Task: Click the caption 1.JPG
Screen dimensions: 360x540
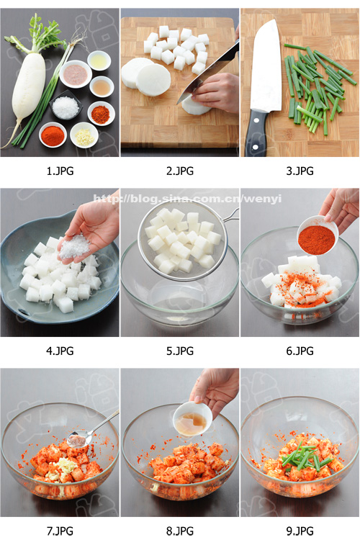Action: point(60,171)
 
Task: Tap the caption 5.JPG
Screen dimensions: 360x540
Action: point(180,351)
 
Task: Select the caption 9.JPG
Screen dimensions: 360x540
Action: point(300,531)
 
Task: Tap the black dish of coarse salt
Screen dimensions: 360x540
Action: point(66,105)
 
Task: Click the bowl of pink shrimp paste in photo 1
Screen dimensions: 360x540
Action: point(76,74)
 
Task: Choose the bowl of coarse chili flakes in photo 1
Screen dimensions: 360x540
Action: point(101,113)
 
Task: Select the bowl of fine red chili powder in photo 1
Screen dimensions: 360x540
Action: point(53,135)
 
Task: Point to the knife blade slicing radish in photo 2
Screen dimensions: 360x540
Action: point(208,72)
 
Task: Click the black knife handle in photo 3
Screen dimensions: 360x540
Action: point(256,132)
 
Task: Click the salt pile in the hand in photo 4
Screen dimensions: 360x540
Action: point(75,246)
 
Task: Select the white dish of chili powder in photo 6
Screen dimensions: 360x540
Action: point(317,235)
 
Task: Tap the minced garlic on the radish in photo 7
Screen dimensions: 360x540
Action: point(63,467)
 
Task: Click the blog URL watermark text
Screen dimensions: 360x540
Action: point(187,199)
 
